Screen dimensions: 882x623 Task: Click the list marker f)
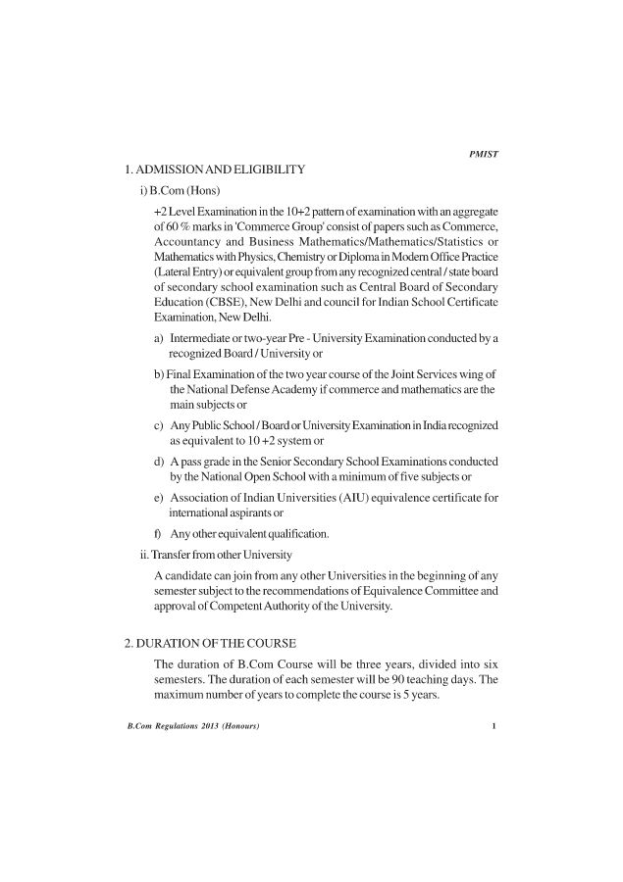(159, 534)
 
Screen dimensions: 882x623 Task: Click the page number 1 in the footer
(495, 726)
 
